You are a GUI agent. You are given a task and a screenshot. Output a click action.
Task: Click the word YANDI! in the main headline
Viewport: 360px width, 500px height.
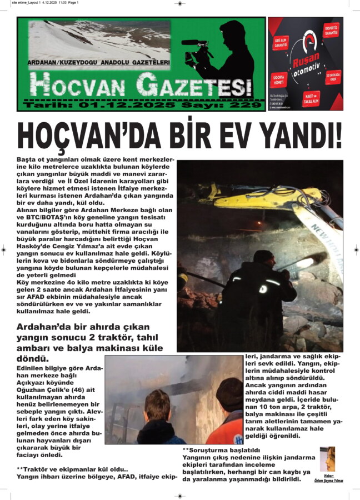point(300,136)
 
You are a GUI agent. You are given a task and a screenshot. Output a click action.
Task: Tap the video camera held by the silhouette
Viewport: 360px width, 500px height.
point(198,49)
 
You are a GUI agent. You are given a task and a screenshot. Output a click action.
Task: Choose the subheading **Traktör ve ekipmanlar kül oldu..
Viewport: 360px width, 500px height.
point(73,469)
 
